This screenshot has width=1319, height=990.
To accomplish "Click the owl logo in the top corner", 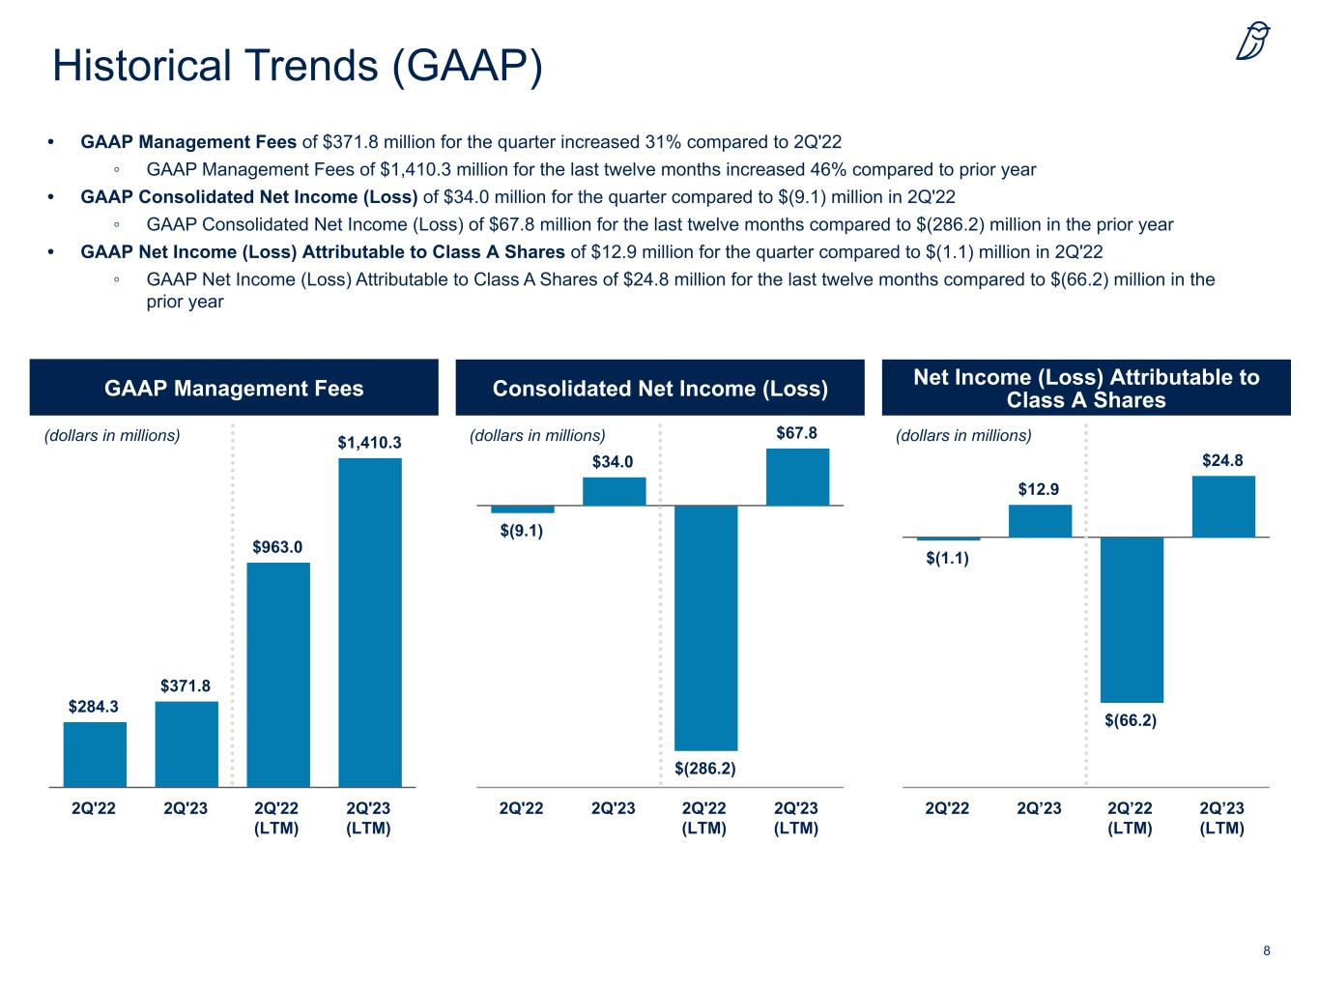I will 1252,42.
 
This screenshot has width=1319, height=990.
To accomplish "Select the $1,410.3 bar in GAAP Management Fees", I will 370,622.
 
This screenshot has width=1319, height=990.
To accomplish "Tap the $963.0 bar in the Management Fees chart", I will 278,674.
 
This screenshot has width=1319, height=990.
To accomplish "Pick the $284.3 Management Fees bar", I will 95,754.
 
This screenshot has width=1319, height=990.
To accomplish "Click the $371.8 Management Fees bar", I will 186,743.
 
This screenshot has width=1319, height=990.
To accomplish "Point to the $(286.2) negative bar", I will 705,627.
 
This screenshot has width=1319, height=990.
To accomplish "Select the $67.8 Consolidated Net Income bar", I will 797,477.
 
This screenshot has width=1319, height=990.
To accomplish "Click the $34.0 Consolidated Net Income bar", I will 614,491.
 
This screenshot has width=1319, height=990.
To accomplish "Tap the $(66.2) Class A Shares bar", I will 1132,620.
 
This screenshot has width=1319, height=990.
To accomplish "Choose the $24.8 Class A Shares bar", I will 1223,507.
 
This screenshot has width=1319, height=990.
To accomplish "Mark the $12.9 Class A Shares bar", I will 1040,521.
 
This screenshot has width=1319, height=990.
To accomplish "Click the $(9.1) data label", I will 522,531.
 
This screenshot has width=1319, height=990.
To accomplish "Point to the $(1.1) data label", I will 947,558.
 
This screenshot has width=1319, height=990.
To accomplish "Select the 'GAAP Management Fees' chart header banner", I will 234,388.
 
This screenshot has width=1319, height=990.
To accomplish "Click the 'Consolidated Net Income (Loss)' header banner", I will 660,388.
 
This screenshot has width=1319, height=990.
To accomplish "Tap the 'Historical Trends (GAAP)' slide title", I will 298,66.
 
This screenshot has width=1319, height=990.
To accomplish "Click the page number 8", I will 1267,950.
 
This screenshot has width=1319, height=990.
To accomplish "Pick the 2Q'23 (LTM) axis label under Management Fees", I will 368,818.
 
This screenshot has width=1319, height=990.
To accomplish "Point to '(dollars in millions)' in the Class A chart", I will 963,435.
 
